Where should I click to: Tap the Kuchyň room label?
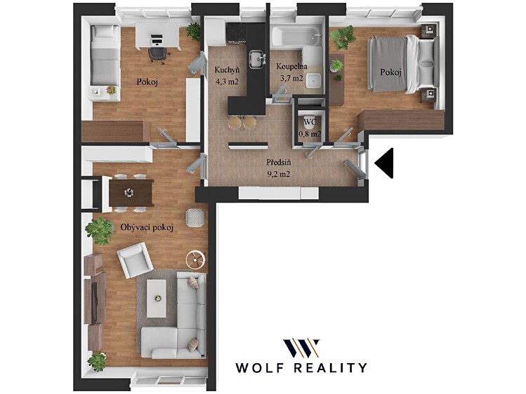(x=227, y=70)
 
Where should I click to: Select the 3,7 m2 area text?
(x=291, y=79)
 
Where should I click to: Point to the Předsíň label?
(x=278, y=163)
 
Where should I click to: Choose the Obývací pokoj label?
(x=147, y=228)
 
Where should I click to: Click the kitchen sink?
(x=257, y=59)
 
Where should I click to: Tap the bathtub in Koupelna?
(x=296, y=37)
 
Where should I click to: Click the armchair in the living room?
(x=136, y=260)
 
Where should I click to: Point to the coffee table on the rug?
(x=157, y=298)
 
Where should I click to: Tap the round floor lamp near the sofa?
(x=195, y=259)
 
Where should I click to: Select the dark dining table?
(x=131, y=193)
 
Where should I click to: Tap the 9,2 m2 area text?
(x=278, y=174)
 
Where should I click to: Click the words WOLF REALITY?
(x=301, y=367)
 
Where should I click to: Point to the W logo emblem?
(x=301, y=348)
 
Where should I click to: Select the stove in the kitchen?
(x=237, y=33)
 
